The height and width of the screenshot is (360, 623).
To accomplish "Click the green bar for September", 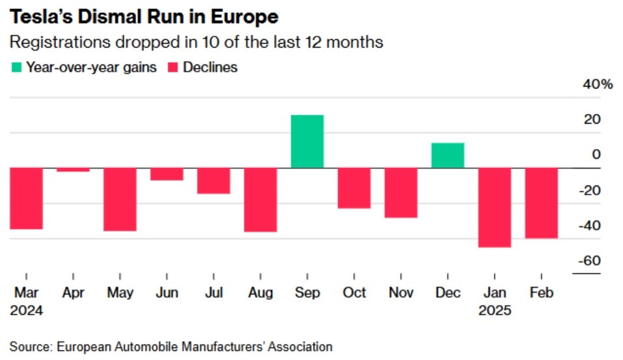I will [307, 141].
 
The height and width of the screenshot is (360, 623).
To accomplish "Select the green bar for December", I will [448, 156].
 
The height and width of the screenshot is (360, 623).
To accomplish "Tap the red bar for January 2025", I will [495, 208].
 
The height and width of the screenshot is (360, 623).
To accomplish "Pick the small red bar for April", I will [73, 170].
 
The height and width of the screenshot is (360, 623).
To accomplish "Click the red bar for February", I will [542, 203].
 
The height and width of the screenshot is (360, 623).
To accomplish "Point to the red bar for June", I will [167, 174].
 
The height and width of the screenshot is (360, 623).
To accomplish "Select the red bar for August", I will [260, 200].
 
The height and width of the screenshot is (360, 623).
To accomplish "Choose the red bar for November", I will [401, 193].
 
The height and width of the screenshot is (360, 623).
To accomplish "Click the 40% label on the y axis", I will [598, 85].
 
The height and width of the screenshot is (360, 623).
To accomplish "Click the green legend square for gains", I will [16, 68].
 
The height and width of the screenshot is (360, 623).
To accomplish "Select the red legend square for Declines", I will [173, 68].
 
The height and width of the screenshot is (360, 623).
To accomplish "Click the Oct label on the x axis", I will [354, 293].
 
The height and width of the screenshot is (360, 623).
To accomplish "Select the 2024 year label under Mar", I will [27, 311].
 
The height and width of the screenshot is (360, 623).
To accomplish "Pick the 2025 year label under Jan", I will [495, 311].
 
